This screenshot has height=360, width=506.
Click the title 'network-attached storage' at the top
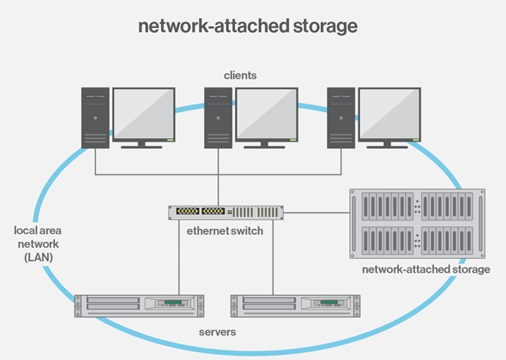point(248,27)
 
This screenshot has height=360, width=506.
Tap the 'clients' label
point(240,75)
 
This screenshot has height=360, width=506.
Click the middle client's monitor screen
point(266,113)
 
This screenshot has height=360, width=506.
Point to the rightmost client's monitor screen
point(389,113)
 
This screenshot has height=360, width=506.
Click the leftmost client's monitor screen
point(143,113)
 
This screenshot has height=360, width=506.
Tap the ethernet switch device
point(226,213)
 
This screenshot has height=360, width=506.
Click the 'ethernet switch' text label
point(226,232)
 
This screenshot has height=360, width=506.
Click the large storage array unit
point(417,223)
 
